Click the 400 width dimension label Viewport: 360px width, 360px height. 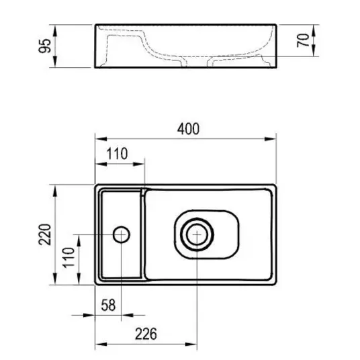188,129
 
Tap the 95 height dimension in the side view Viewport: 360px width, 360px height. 45,46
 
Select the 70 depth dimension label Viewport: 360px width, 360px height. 303,40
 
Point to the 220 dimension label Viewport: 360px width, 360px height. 45,234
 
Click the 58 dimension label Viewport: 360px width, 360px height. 108,305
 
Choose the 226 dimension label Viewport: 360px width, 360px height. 146,334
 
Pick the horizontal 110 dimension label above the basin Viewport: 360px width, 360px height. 117,154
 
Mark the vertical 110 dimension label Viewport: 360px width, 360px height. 69,257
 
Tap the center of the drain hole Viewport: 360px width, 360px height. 197,234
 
